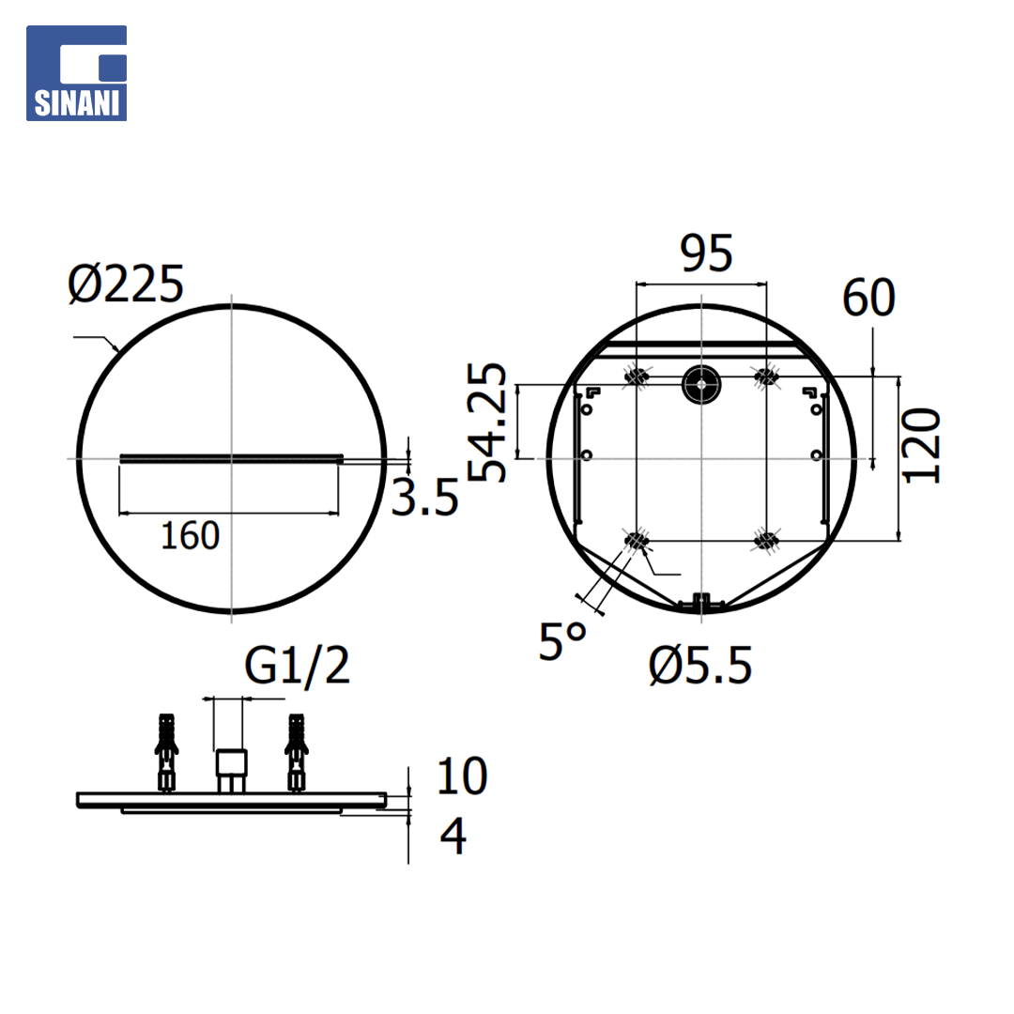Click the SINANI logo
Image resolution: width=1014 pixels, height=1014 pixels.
76,73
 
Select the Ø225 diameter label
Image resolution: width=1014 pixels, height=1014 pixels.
126,284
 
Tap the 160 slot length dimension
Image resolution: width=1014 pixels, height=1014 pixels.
190,535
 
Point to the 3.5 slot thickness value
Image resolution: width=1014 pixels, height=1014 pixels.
425,498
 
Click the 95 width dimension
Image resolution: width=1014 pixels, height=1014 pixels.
706,253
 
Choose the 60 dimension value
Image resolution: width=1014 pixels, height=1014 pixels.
868,298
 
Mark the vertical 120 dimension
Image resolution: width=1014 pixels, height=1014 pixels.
921,446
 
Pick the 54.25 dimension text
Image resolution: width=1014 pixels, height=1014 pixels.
486,422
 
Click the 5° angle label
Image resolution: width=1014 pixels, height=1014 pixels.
562,641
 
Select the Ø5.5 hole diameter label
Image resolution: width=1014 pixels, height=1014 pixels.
700,666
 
